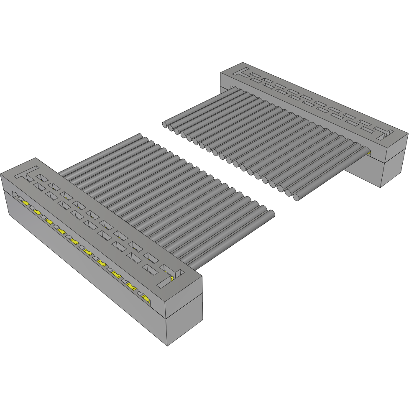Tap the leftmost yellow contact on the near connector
(26, 204)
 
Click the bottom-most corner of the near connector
(167, 345)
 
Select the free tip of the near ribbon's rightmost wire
(271, 213)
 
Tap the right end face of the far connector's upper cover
(395, 144)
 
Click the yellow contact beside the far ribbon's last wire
(369, 153)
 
